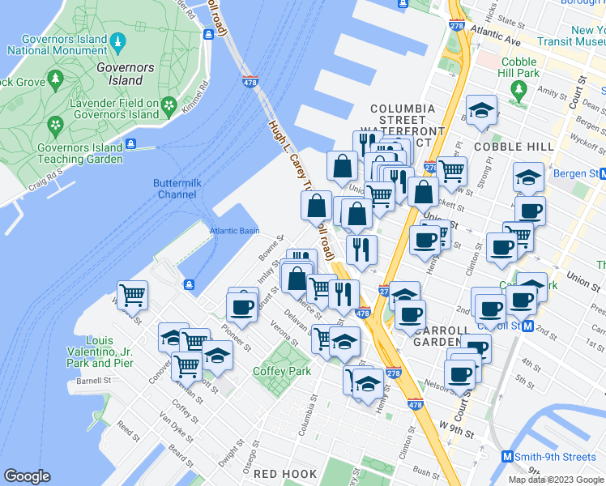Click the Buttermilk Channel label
176,189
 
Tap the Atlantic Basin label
235,231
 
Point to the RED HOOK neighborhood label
280,473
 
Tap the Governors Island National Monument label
57,45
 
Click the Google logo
28,476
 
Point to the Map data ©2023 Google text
557,480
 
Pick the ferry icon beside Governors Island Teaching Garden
130,147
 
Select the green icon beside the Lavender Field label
169,104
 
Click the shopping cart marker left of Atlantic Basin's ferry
132,295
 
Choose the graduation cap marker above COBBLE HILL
481,109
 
